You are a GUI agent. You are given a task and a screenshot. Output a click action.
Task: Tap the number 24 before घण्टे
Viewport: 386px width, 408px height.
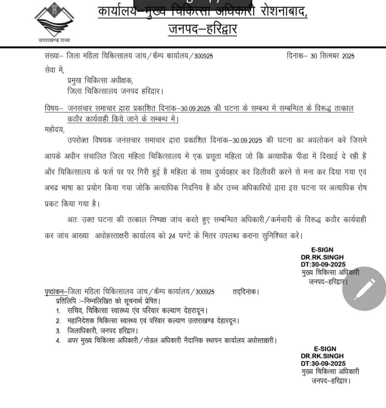pyautogui.click(x=172, y=235)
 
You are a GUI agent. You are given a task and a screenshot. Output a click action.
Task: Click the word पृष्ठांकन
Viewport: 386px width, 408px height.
pyautogui.click(x=55, y=292)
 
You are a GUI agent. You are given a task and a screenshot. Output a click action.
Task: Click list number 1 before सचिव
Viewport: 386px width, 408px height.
pyautogui.click(x=58, y=310)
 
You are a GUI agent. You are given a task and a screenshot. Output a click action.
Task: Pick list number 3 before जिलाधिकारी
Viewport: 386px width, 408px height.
pyautogui.click(x=58, y=331)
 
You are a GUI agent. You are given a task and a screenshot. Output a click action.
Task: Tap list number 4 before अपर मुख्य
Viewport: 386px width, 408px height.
pyautogui.click(x=58, y=341)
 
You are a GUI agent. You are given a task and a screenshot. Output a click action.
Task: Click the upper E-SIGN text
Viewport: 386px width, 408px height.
pyautogui.click(x=322, y=250)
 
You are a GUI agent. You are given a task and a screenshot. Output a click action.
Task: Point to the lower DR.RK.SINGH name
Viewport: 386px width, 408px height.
pyautogui.click(x=322, y=356)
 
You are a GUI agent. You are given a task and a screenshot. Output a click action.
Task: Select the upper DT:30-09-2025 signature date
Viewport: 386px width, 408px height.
pyautogui.click(x=323, y=264)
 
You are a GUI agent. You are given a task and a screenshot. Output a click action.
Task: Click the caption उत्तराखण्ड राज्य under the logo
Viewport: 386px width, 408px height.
pyautogui.click(x=54, y=40)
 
